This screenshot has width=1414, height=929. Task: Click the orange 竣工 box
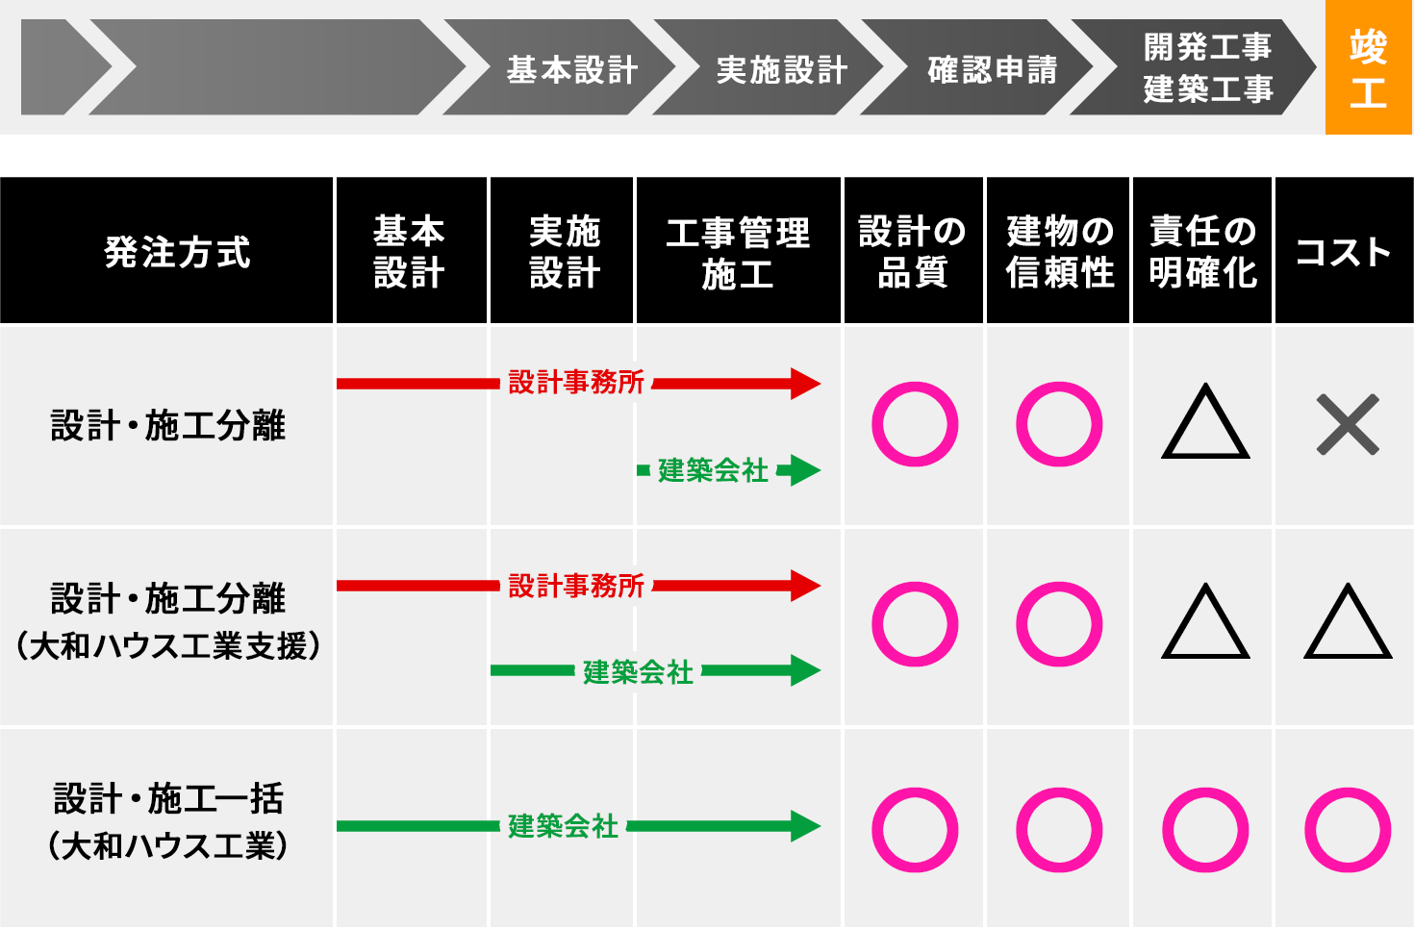[1368, 67]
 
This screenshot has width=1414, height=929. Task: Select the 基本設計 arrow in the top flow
[571, 69]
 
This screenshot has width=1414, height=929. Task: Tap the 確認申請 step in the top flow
[991, 69]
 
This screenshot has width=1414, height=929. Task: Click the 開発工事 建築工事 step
[1206, 67]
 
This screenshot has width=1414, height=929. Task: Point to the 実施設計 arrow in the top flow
[781, 69]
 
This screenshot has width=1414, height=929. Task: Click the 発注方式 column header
[177, 252]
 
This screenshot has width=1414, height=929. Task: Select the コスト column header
[1343, 252]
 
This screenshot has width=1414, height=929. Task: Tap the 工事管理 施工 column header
[738, 253]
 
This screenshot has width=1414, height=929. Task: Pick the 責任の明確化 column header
[1202, 252]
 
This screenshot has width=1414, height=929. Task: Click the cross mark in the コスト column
[1348, 424]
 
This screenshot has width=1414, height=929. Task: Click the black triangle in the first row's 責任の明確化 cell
[1205, 424]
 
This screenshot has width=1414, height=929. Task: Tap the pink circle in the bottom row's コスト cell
[1348, 830]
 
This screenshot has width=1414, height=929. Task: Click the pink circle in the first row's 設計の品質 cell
[914, 424]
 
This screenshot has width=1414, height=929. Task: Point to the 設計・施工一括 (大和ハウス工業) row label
[168, 821]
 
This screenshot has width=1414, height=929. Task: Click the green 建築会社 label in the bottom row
[563, 826]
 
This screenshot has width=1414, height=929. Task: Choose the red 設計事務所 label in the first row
[576, 383]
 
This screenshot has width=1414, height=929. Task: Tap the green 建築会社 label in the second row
[638, 672]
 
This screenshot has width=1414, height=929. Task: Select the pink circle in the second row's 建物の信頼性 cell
[1058, 624]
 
